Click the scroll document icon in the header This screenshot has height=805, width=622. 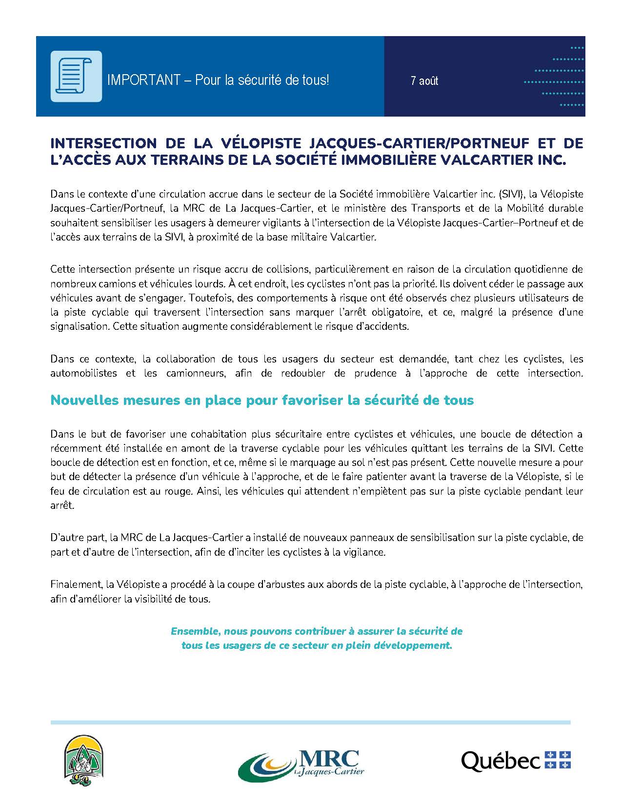point(76,76)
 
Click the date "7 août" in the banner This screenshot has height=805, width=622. point(424,80)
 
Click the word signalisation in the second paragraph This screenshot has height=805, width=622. point(79,326)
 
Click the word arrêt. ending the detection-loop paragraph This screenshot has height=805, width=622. point(62,506)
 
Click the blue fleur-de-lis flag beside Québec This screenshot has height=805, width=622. point(558,760)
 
